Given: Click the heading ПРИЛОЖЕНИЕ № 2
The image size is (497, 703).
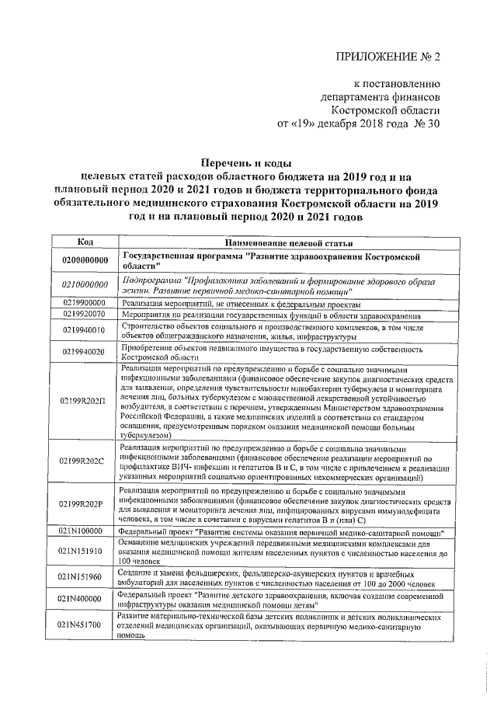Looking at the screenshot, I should coord(387,58).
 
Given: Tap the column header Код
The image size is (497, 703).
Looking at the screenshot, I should coord(86,242).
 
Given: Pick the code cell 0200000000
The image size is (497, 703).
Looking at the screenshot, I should coord(85,260).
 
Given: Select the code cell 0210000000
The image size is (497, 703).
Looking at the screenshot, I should coord(85,285).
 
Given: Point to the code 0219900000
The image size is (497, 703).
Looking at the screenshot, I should coord(85,303).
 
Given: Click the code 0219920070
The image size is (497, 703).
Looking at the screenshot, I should coord(85,315).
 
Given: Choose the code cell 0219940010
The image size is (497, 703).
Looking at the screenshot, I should coord(85,330).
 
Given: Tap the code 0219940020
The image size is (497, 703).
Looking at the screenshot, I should coord(85,352).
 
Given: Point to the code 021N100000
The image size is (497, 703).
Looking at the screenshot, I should coord(82,531).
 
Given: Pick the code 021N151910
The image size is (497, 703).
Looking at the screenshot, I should coord(82,552).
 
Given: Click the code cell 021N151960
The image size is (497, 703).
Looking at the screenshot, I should coord(82,576).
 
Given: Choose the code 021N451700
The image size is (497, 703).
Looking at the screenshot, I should coord(82,624).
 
